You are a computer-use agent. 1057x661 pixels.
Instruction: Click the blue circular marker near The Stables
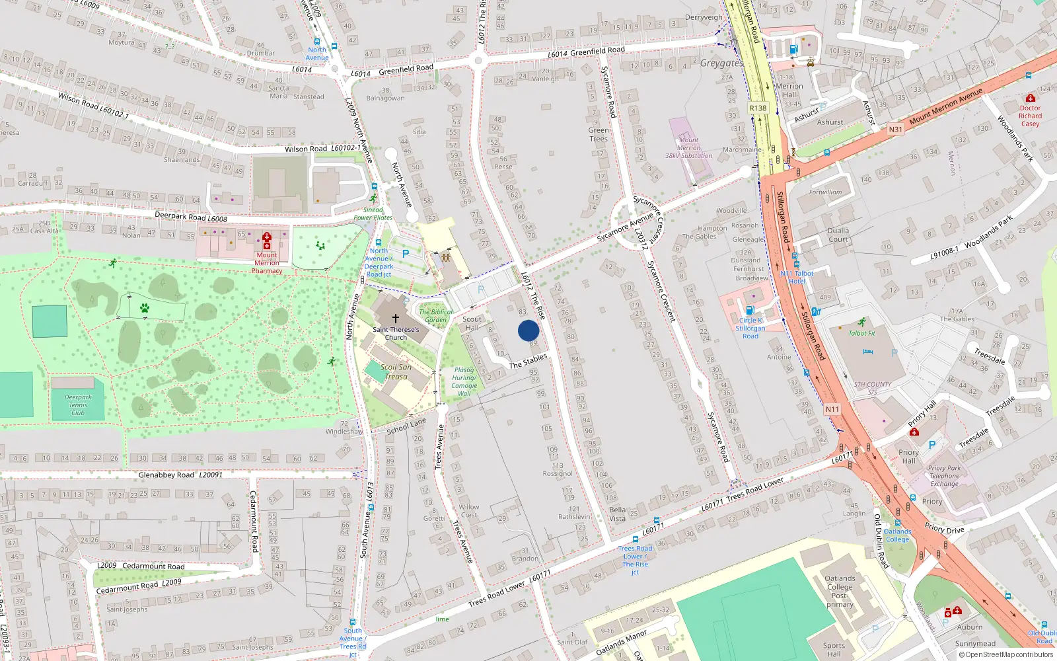pos(528,330)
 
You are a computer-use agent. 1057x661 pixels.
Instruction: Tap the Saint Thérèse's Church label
pos(396,333)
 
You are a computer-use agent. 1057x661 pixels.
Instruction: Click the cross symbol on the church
pos(396,319)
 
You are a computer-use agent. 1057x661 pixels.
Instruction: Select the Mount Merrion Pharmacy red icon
pos(267,240)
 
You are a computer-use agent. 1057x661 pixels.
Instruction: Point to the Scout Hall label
pos(472,323)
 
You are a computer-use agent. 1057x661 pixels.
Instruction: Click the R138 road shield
pos(758,108)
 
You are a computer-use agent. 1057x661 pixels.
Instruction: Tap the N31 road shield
pos(895,130)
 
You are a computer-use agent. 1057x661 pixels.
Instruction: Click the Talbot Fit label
pos(861,333)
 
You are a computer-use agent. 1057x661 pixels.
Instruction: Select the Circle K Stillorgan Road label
pos(750,328)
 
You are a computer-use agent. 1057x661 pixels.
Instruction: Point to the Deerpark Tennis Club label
pos(78,405)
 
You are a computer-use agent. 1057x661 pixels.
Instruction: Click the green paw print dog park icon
pos(144,308)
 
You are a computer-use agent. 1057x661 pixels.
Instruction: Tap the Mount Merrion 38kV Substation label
pos(688,148)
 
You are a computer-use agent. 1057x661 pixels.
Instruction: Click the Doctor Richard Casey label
pos(1030,116)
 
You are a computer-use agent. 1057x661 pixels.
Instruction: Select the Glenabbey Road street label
pos(166,475)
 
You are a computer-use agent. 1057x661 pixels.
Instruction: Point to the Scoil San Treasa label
pos(396,371)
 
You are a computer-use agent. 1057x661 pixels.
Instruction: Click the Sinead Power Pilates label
pos(373,214)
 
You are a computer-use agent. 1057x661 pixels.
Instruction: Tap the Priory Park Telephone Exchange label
pos(944,476)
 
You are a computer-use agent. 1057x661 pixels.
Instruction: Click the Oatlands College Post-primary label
pos(840,591)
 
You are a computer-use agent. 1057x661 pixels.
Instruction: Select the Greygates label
pos(721,63)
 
